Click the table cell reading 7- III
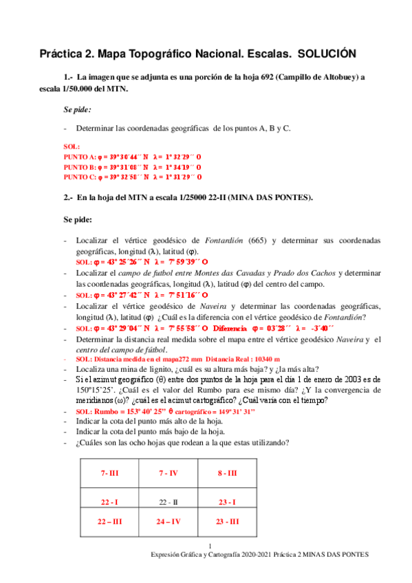(x=109, y=474)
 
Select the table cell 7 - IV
(x=168, y=474)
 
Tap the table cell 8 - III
(x=227, y=474)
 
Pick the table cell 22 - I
(x=109, y=503)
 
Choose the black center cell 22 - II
(x=168, y=503)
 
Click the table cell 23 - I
(x=227, y=503)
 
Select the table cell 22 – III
(x=109, y=522)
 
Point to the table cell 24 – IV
(x=168, y=522)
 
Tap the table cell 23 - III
(x=227, y=522)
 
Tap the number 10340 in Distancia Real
(x=248, y=359)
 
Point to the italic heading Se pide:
(x=77, y=109)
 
